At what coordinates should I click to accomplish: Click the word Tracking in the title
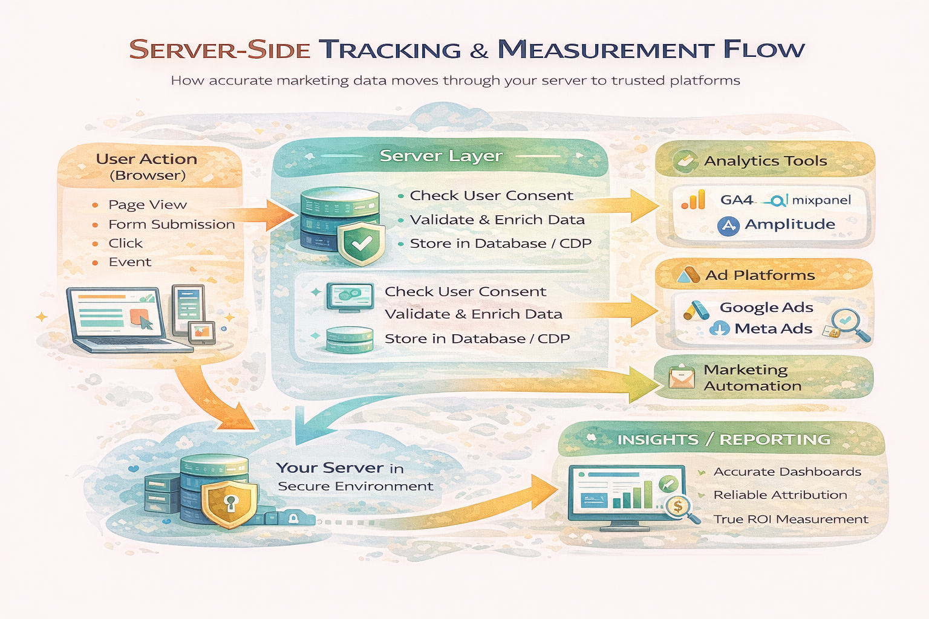[x=390, y=50]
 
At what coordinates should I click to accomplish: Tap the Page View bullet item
[x=147, y=205]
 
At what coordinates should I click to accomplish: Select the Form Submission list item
[x=171, y=224]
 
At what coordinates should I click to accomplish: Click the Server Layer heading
[x=441, y=156]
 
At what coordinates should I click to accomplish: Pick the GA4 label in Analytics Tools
[x=737, y=200]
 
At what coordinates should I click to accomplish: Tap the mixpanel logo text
[x=821, y=200]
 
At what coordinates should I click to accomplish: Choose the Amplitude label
[x=789, y=224]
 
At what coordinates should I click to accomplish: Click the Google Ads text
[x=766, y=308]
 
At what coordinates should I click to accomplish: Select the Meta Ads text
[x=773, y=329]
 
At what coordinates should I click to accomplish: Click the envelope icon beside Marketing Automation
[x=682, y=378]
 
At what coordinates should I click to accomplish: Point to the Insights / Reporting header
[x=723, y=439]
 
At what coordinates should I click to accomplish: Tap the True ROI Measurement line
[x=790, y=519]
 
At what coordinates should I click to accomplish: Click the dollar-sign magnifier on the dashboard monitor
[x=678, y=507]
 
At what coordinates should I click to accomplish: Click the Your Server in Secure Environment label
[x=354, y=477]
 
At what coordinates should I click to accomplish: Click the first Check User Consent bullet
[x=491, y=196]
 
